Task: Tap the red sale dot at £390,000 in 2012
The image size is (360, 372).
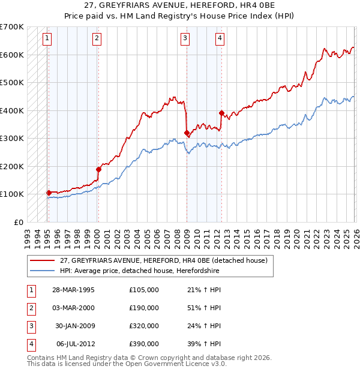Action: point(221,113)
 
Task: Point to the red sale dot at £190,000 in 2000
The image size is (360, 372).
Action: point(98,169)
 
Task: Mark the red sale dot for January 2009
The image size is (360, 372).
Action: point(187,133)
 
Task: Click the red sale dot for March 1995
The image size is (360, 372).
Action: point(49,193)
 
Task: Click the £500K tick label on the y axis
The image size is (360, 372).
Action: point(12,82)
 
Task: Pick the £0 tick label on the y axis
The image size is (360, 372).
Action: point(18,222)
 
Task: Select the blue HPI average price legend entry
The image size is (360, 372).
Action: point(139,271)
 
